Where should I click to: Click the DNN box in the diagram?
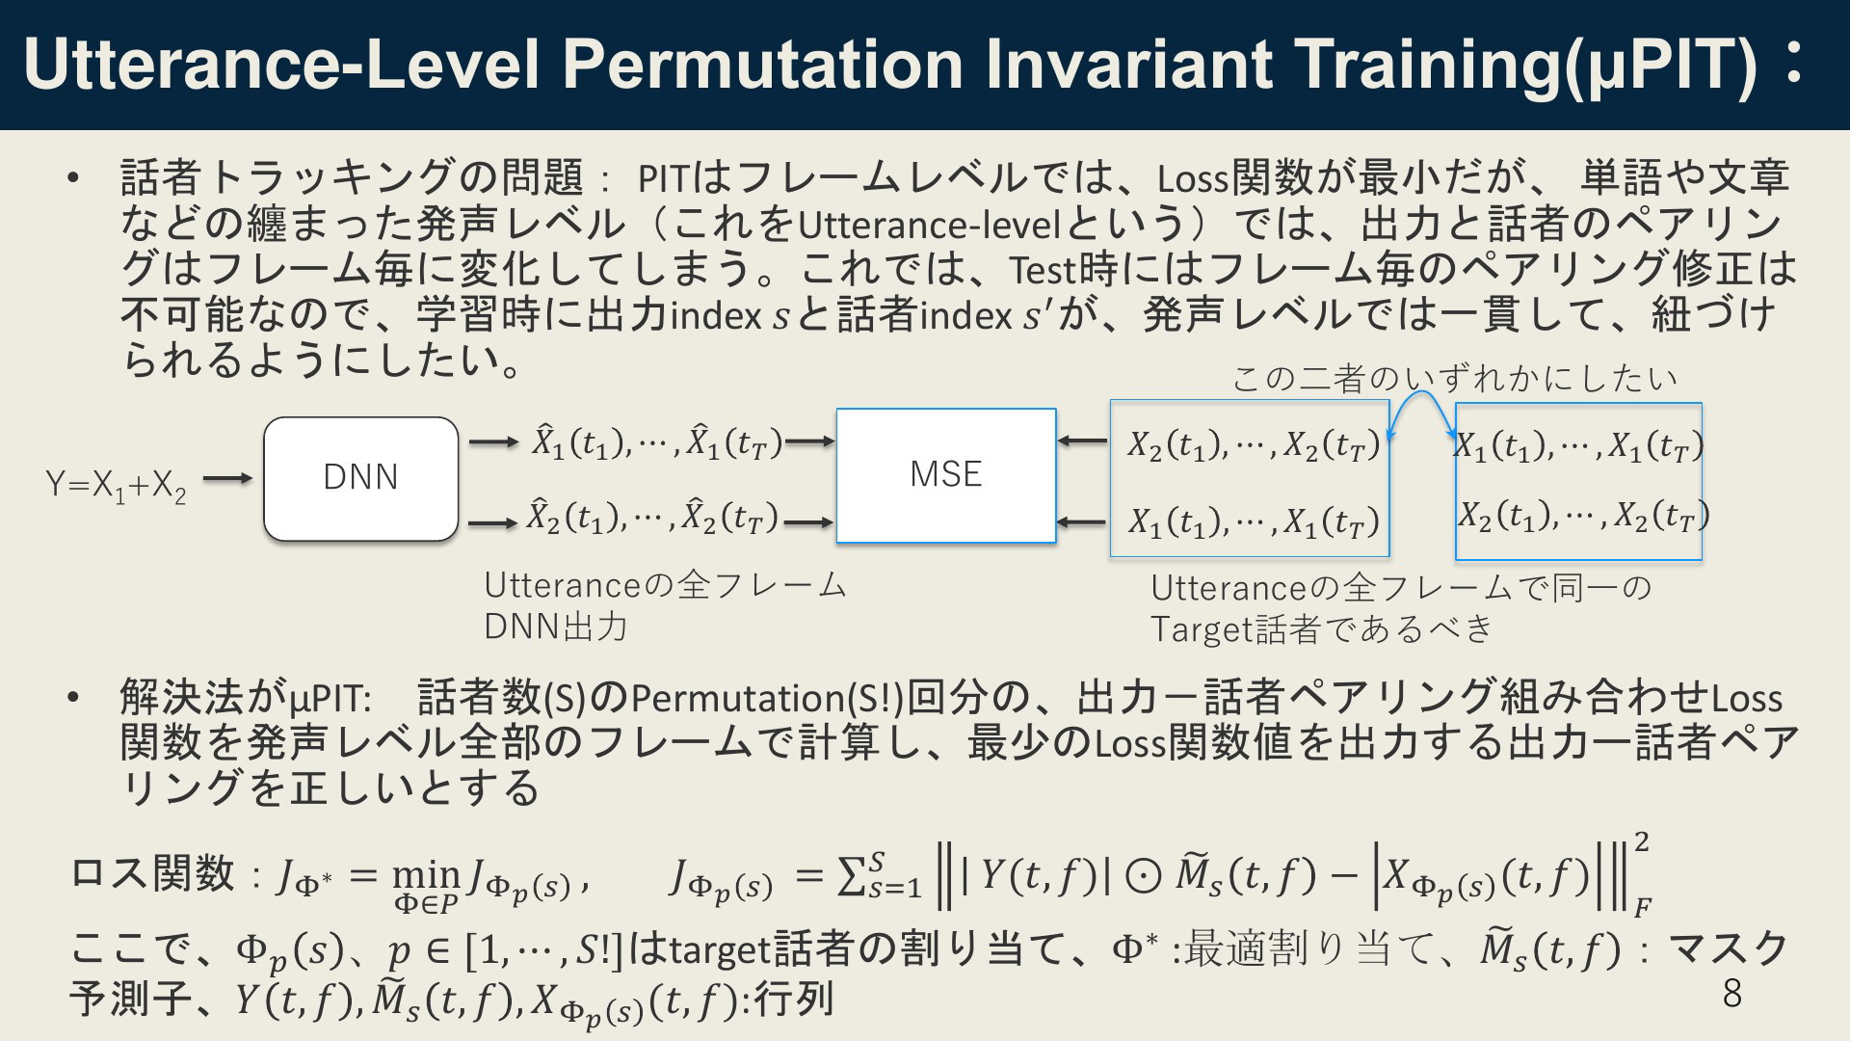361,479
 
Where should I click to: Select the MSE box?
946,475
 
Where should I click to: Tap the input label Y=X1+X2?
117,485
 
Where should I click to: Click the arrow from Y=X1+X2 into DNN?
227,478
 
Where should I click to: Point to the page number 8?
1731,993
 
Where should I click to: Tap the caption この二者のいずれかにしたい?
1455,378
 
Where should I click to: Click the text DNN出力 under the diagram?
556,627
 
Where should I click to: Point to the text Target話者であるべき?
1322,629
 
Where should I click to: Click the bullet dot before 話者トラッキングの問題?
72,178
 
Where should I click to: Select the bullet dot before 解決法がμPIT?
72,698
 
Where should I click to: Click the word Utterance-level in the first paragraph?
929,225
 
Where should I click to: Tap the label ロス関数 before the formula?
153,873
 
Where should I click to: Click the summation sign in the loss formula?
852,876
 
